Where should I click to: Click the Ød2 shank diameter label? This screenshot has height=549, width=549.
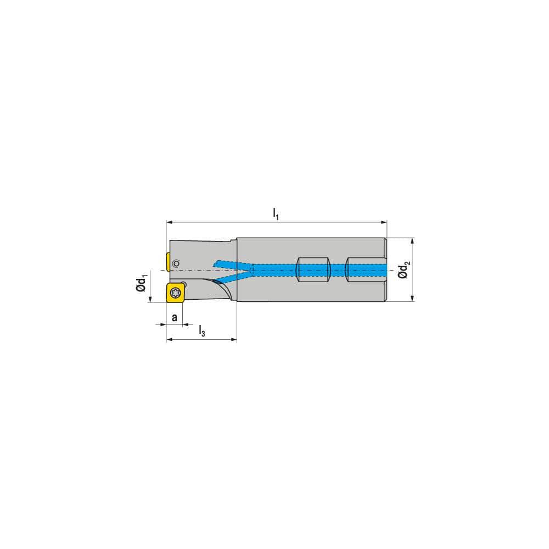pos(404,270)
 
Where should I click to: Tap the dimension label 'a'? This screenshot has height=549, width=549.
pos(175,317)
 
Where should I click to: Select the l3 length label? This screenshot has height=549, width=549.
pos(202,331)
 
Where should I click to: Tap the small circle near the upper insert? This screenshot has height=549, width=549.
pos(176,264)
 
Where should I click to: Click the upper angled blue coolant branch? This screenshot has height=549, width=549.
pos(231,264)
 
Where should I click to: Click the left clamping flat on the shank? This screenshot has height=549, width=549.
pos(313,270)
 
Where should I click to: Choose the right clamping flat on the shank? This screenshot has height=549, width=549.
pos(365,270)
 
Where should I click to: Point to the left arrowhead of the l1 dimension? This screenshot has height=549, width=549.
pos(169,223)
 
